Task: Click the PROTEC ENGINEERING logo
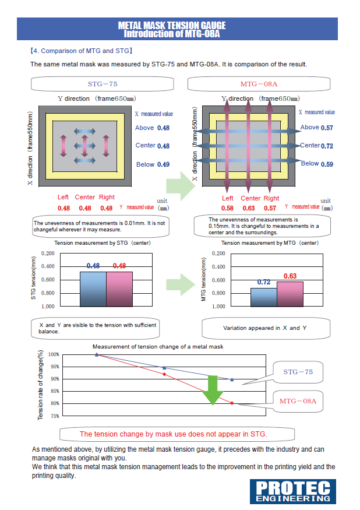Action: coord(294,491)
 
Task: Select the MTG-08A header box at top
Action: coord(259,84)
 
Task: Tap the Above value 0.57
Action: coord(327,128)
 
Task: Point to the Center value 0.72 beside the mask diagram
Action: coord(327,146)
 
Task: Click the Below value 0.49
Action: coord(163,165)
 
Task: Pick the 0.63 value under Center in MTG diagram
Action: coord(249,208)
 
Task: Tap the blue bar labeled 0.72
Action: coord(263,297)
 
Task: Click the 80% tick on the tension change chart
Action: coord(54,403)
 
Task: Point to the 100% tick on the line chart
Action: coord(54,354)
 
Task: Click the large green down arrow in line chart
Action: coord(213,390)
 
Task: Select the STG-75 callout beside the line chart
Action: coord(297,371)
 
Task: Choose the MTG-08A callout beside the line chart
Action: coord(297,401)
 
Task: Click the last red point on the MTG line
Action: coord(232,403)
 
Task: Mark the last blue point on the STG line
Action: coord(232,379)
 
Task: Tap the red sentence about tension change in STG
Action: coord(173,434)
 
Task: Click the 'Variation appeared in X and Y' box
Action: coord(265,328)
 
